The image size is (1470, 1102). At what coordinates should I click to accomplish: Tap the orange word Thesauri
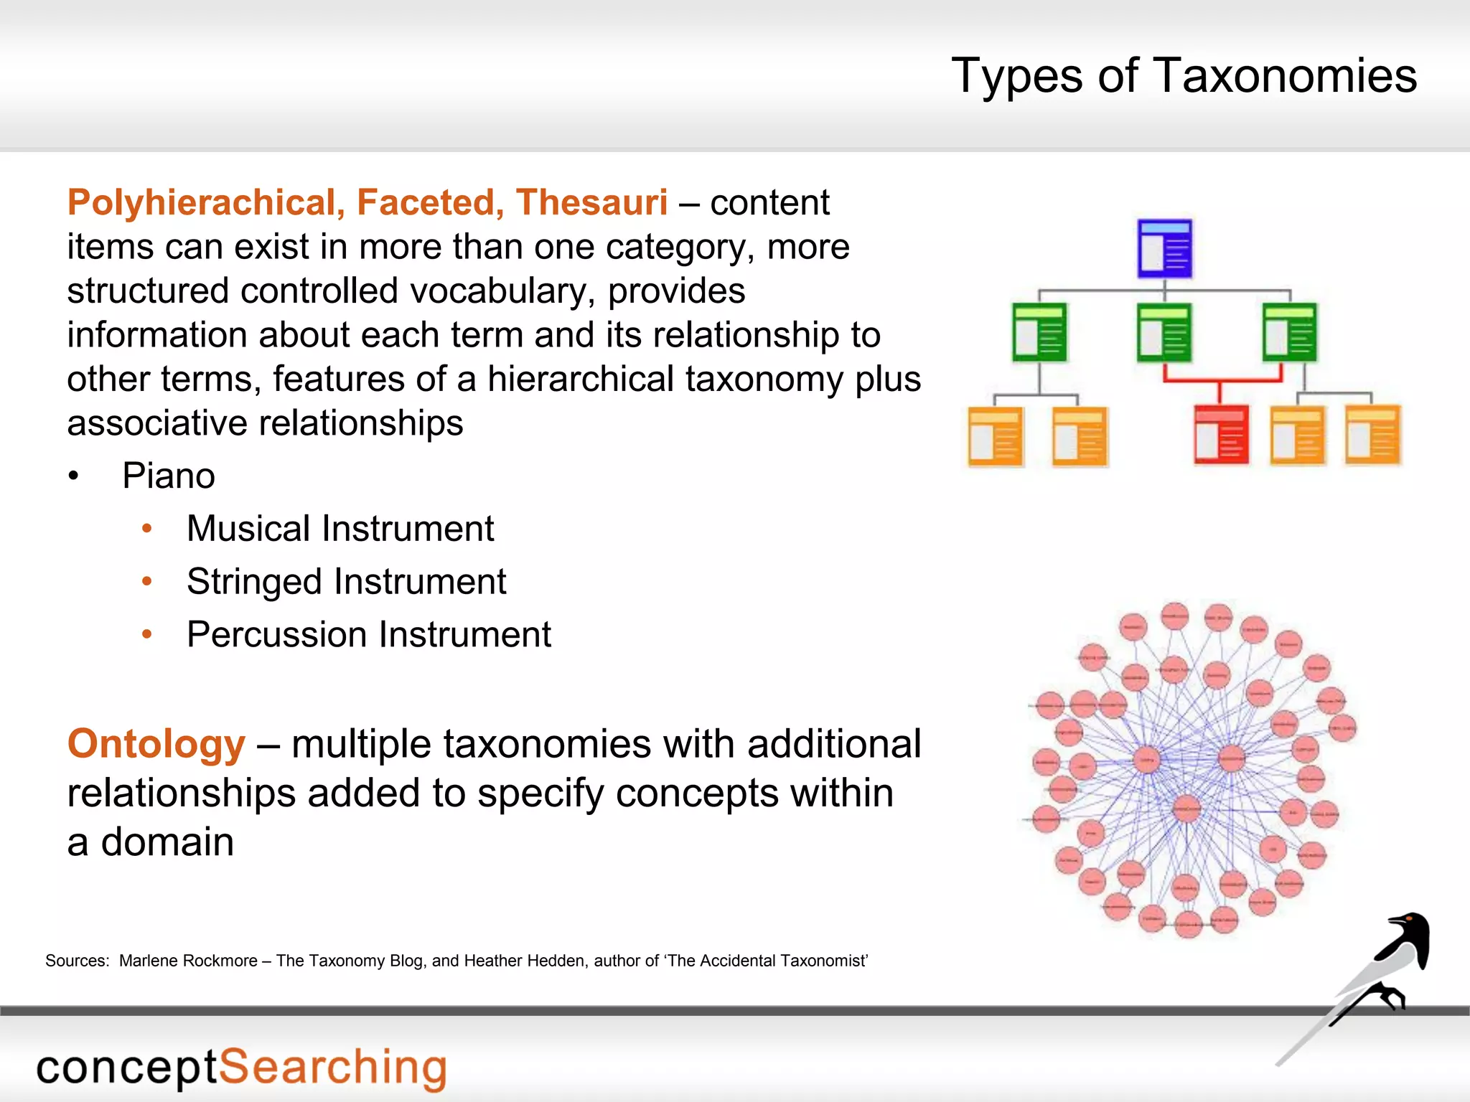coord(591,202)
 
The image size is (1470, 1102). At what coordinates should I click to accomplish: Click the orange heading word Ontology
coord(156,743)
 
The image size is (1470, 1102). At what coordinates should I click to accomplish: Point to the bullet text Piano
coord(169,476)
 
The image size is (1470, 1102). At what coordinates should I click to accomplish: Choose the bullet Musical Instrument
coord(340,529)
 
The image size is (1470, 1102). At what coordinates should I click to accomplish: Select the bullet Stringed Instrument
coord(346,582)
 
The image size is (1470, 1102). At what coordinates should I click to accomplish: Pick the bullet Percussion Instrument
coord(369,635)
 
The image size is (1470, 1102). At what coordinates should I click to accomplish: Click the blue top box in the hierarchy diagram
coord(1165,248)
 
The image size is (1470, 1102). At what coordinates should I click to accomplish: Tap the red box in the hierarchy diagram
coord(1221,435)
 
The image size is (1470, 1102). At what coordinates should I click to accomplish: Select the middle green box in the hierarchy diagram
coord(1164,333)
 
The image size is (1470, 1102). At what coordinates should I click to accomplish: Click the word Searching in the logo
coord(332,1068)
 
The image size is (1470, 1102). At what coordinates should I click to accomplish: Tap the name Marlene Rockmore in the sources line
coord(188,961)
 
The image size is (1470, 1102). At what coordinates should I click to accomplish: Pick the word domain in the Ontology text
coord(167,842)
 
